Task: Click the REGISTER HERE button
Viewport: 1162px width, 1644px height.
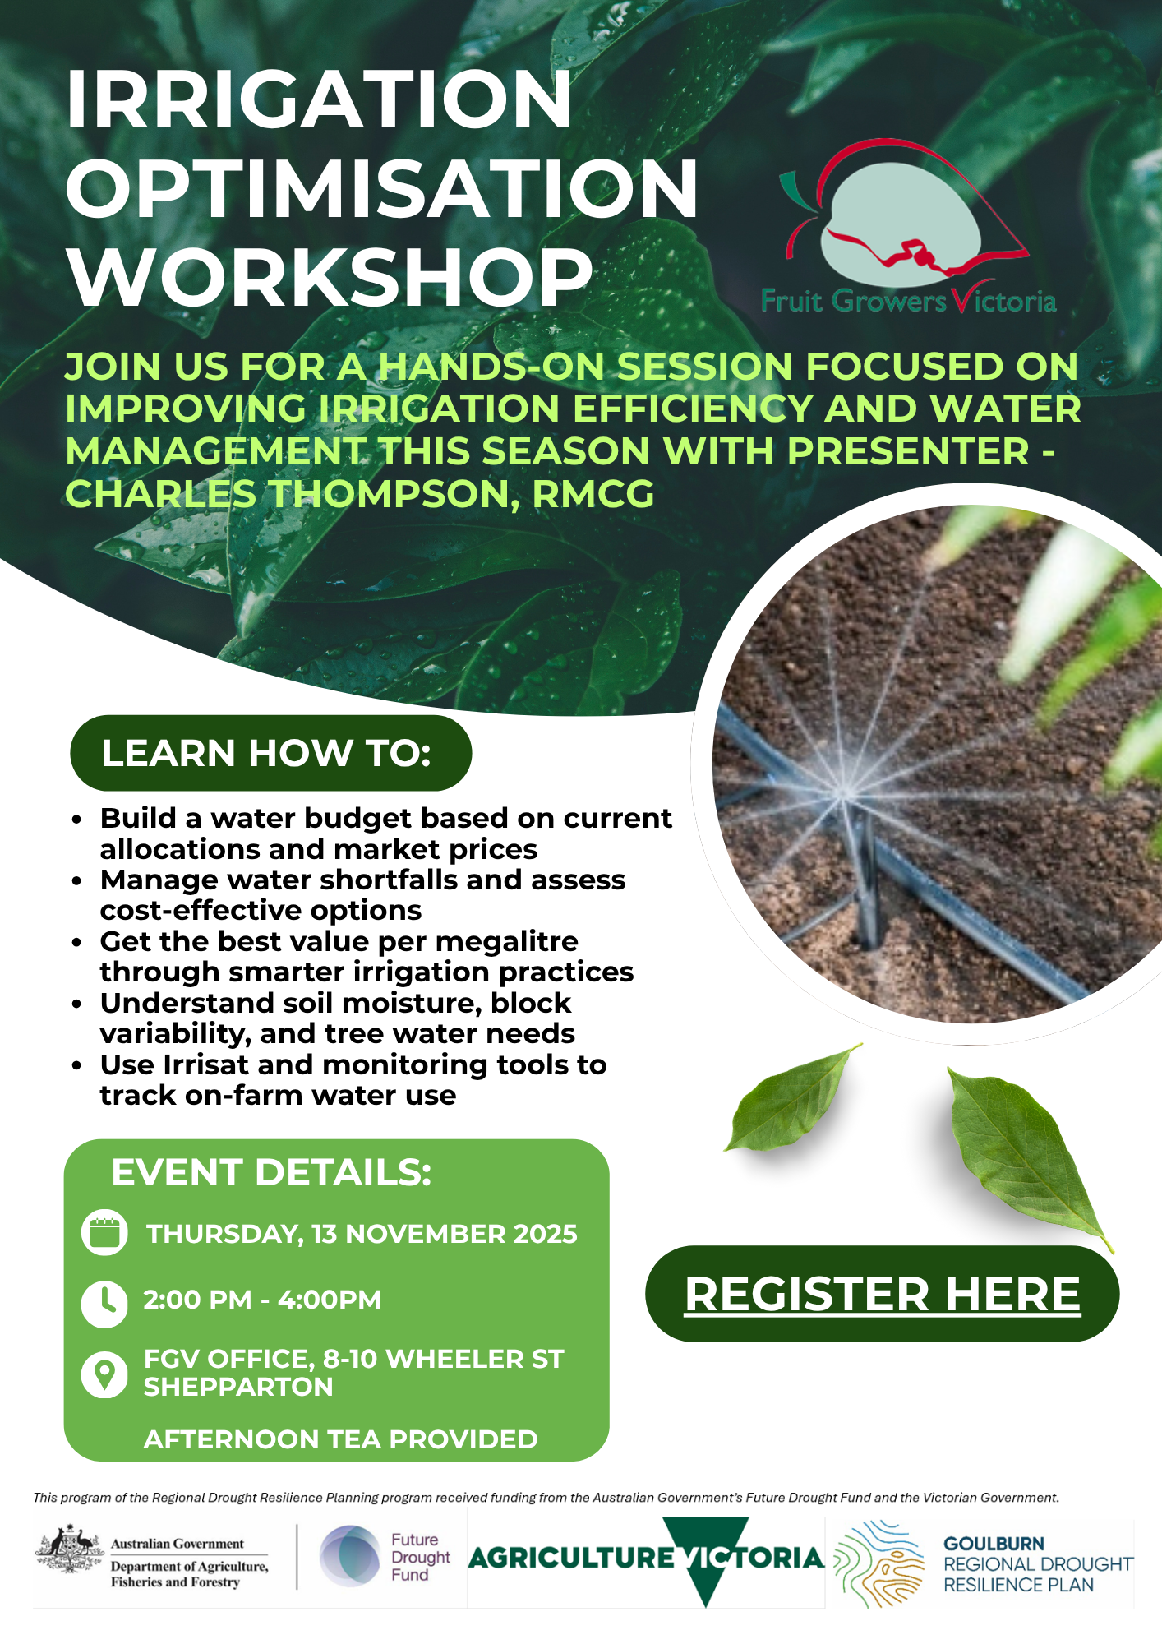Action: tap(882, 1294)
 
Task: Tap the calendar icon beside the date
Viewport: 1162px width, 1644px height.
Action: tap(104, 1233)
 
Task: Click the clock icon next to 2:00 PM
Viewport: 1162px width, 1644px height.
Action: tap(104, 1303)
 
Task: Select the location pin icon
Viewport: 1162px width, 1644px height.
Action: tap(104, 1374)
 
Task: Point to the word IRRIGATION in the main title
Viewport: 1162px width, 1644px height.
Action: tap(319, 100)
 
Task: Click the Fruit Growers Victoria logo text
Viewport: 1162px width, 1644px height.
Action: tap(908, 301)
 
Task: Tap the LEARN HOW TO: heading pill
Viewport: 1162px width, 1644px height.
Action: tap(270, 753)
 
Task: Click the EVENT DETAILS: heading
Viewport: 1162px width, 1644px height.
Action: tap(271, 1172)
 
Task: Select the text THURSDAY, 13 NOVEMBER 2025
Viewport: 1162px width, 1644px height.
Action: tap(362, 1234)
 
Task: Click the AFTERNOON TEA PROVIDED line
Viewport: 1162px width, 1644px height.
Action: tap(340, 1439)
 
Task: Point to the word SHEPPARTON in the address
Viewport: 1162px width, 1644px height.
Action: tap(238, 1387)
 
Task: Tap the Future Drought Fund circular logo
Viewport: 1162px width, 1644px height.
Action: tap(350, 1556)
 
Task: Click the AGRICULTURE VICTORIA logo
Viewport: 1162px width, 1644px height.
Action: tap(646, 1558)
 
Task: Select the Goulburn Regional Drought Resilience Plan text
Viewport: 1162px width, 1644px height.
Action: tap(1037, 1564)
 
